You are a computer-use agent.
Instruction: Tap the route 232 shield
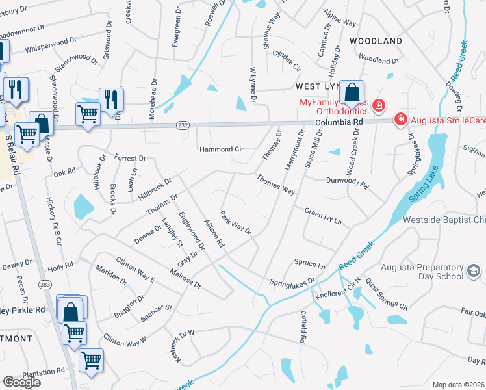182,125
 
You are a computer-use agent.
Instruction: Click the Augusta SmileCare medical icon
401,120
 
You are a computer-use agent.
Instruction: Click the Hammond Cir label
221,149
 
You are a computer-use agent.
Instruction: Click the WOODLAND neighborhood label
376,41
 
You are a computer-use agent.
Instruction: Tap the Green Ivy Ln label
323,216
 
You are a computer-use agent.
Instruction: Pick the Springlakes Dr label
292,281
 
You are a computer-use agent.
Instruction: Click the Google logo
21,382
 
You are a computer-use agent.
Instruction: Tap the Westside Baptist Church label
444,220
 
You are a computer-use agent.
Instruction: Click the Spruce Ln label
310,265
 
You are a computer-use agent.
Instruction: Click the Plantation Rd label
43,372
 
